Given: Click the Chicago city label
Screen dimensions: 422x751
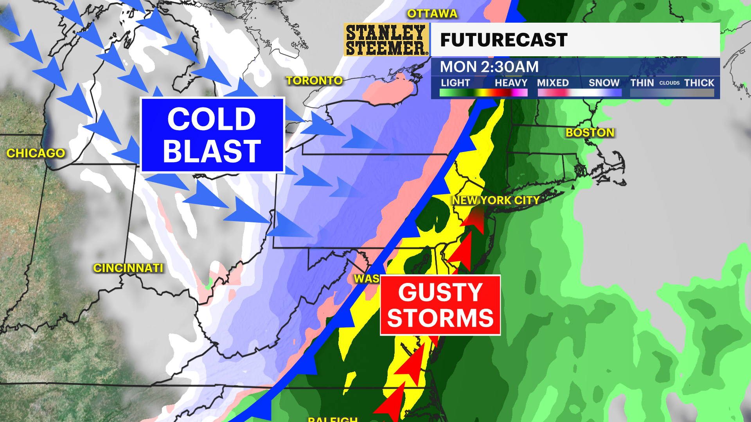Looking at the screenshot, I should click(36, 153).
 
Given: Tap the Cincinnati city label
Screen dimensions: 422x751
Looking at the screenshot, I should click(128, 268).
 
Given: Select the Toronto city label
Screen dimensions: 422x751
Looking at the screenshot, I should click(314, 80).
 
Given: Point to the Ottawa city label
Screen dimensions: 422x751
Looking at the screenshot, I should click(432, 14).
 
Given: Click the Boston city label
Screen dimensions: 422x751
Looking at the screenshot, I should click(590, 132).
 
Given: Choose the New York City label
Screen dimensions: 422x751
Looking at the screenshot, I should click(496, 200).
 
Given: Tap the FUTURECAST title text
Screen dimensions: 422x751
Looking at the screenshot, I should click(503, 40).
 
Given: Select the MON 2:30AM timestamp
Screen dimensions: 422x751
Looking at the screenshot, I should click(489, 67).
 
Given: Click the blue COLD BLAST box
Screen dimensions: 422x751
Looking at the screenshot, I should click(212, 135).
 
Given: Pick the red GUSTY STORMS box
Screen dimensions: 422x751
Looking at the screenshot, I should click(440, 305).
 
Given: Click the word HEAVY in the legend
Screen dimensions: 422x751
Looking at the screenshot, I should click(511, 83).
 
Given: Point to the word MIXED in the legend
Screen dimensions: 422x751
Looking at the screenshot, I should click(553, 83).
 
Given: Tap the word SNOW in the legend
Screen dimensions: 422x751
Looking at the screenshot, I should click(604, 83).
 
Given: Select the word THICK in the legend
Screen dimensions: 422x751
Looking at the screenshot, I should click(699, 83).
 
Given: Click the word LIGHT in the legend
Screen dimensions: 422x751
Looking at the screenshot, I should click(455, 83).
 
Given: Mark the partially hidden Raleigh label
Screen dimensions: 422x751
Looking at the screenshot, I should click(332, 419).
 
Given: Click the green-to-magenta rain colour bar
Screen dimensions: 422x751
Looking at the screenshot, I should click(483, 93).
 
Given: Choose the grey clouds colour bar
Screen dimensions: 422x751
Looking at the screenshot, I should click(672, 93).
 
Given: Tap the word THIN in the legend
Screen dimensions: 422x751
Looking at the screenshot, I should click(642, 83).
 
